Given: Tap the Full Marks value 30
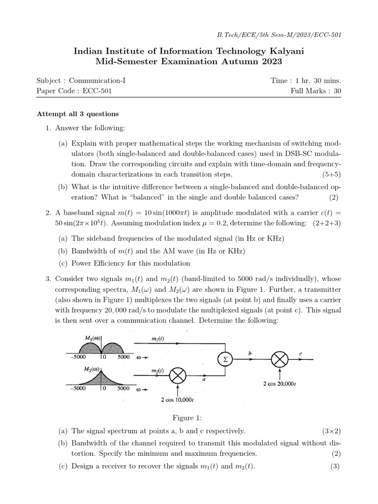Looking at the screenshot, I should coord(337,91).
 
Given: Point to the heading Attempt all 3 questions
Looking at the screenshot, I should coord(78,114).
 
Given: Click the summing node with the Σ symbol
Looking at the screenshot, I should coord(226,359).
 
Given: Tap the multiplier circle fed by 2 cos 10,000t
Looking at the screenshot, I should coord(177,377).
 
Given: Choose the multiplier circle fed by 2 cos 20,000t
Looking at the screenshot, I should coord(280,359).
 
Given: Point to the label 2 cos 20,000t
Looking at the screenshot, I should coord(279,382).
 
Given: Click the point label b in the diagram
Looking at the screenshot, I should coord(250,353).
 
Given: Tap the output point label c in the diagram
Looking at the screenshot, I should coord(301,353).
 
